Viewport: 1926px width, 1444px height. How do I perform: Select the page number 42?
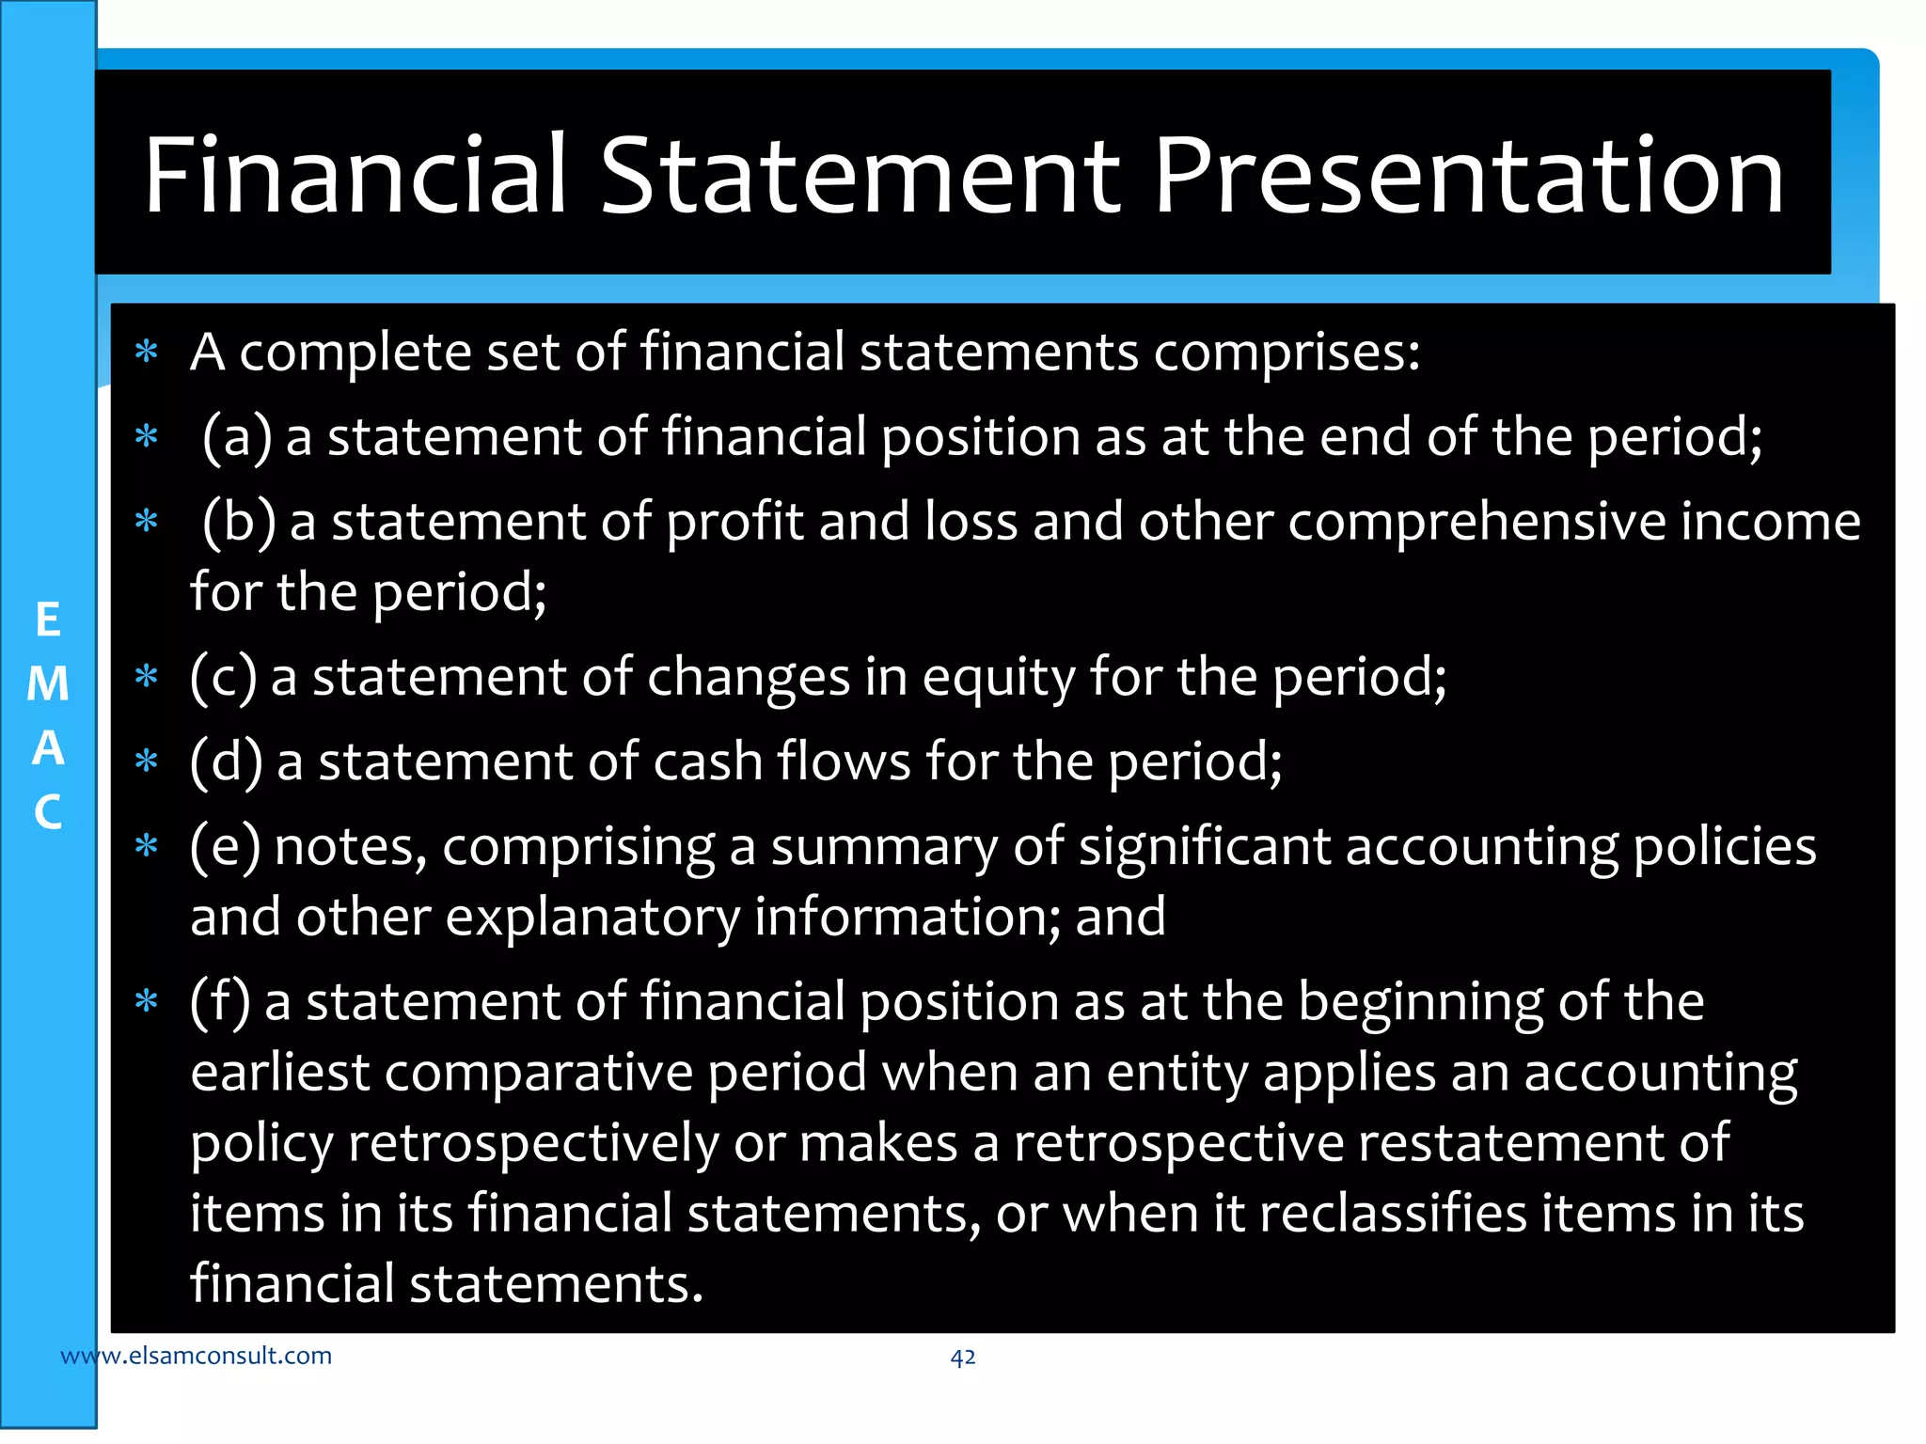pos(962,1357)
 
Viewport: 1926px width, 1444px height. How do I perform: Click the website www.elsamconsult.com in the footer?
pos(196,1356)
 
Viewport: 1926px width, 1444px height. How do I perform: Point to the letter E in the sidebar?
pos(48,620)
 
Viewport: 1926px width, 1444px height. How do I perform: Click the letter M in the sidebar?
pos(48,684)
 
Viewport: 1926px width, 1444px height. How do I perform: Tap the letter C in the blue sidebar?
pos(48,812)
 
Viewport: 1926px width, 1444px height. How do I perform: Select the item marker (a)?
pos(237,437)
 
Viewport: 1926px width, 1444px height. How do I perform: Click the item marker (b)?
pos(239,522)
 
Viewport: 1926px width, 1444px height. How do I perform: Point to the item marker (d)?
pos(226,761)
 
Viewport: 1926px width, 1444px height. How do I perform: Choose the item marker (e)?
pos(225,846)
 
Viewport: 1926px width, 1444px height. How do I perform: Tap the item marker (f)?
pos(220,1002)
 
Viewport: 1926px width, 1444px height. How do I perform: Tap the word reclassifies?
pos(1393,1213)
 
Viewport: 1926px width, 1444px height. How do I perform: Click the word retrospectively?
pos(534,1143)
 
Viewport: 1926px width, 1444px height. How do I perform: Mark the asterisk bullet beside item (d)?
pos(146,761)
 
